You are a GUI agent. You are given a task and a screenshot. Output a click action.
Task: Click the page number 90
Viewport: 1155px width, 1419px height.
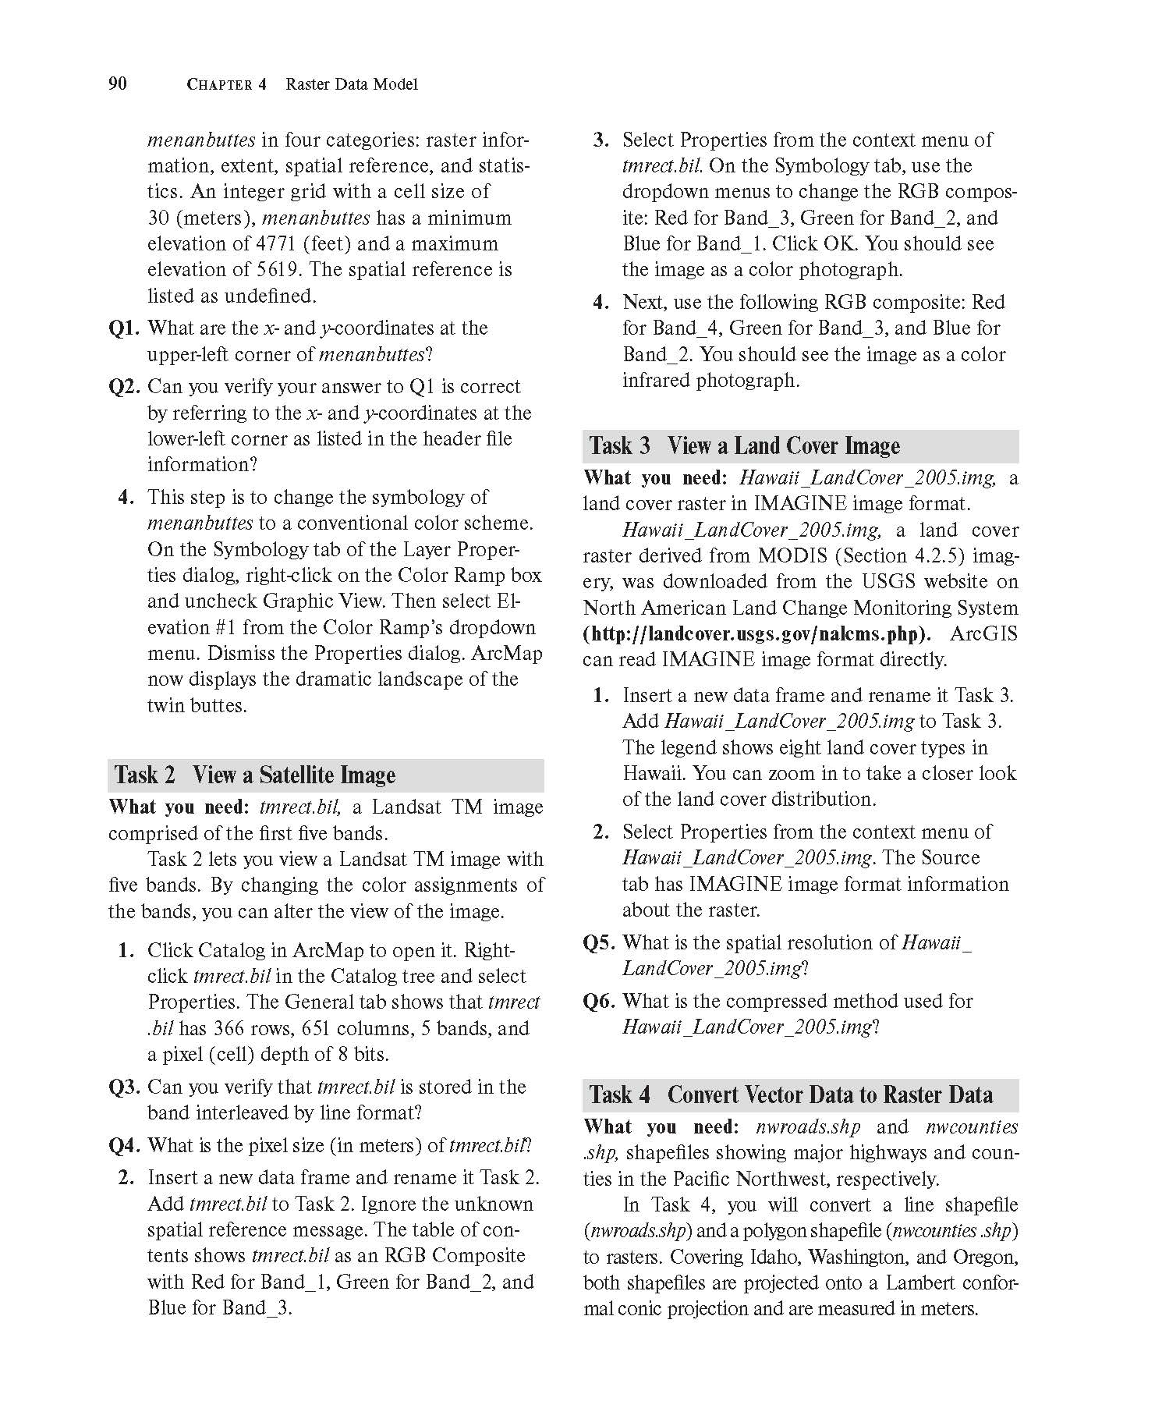[118, 83]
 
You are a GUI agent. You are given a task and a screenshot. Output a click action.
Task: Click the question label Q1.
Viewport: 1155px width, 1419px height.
[124, 328]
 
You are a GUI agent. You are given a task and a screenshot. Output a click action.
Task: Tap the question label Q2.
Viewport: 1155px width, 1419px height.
[124, 387]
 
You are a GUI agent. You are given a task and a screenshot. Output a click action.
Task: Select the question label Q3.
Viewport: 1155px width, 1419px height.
[124, 1087]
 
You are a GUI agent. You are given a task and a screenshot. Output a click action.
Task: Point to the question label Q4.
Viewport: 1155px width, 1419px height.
[124, 1146]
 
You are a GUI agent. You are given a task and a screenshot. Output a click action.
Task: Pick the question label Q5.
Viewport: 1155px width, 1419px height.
[599, 943]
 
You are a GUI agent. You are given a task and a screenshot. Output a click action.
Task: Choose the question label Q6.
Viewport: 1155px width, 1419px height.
[599, 1002]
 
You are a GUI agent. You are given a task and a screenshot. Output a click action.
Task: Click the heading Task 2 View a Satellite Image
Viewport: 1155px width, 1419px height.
[255, 775]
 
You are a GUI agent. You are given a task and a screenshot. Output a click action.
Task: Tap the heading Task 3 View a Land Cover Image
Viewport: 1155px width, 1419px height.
[745, 445]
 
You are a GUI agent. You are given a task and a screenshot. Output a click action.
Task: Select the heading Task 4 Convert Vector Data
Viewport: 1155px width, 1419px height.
[791, 1094]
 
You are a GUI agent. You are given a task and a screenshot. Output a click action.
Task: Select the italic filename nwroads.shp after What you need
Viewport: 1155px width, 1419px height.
[807, 1127]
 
